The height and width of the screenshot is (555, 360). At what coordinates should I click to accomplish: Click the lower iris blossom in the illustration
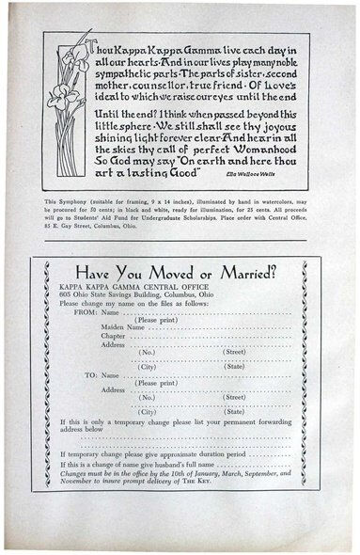click(x=65, y=93)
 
